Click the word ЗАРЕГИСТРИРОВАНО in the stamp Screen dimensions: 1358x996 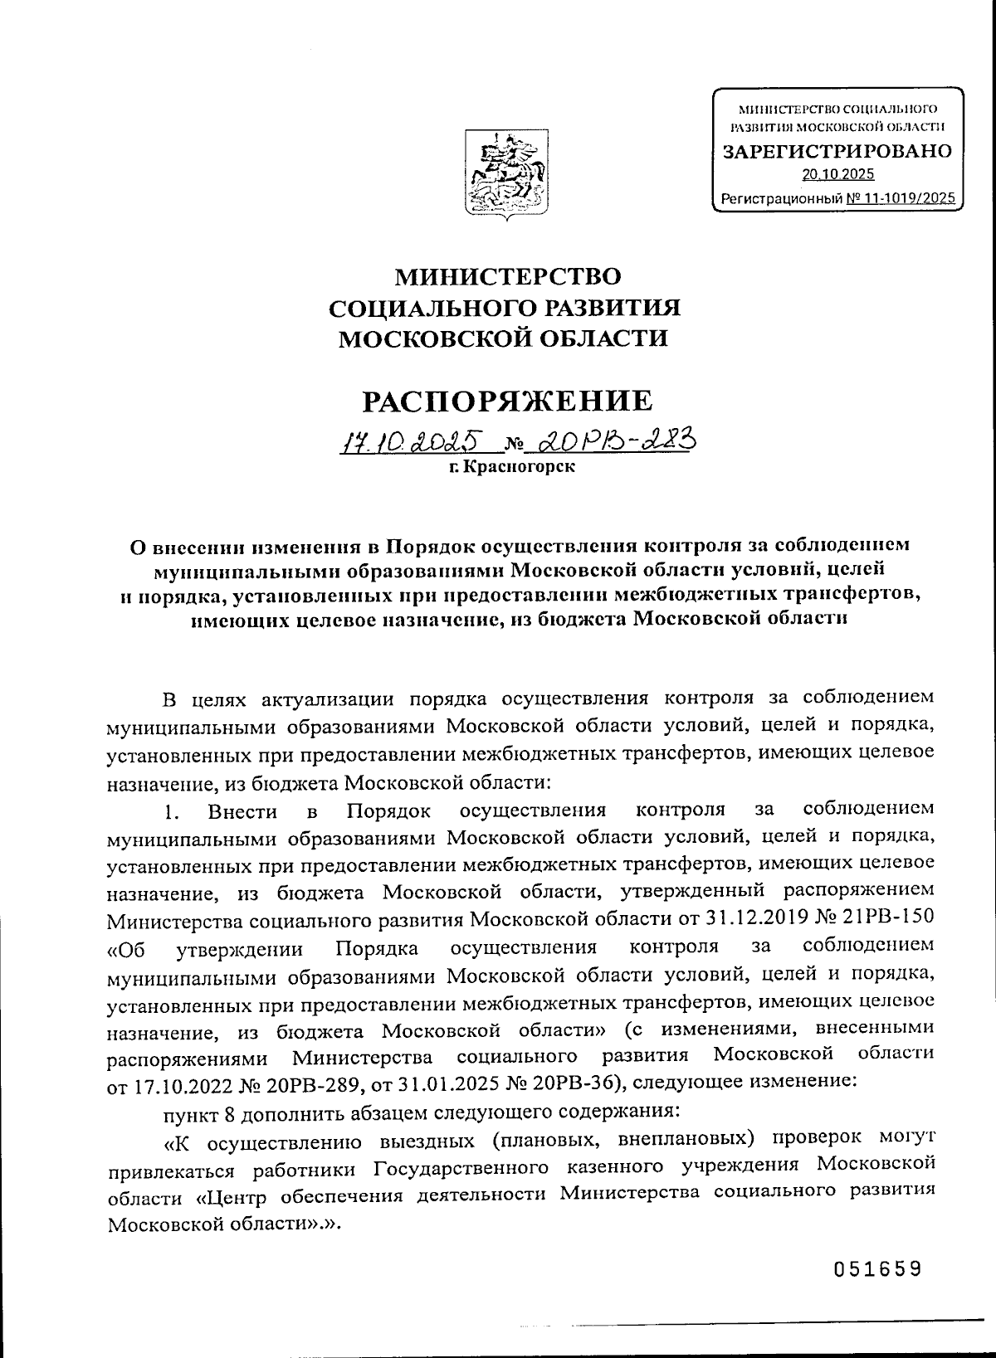(x=837, y=152)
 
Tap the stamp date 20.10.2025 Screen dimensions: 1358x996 (x=837, y=174)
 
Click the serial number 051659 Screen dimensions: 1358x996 (x=878, y=1270)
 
